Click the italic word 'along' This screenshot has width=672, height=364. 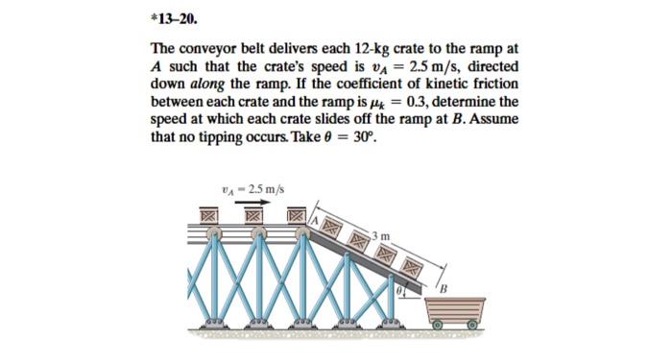(216, 84)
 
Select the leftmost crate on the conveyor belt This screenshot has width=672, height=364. (206, 218)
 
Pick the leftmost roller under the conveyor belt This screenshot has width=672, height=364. (217, 234)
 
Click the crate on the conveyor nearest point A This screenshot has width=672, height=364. (297, 218)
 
